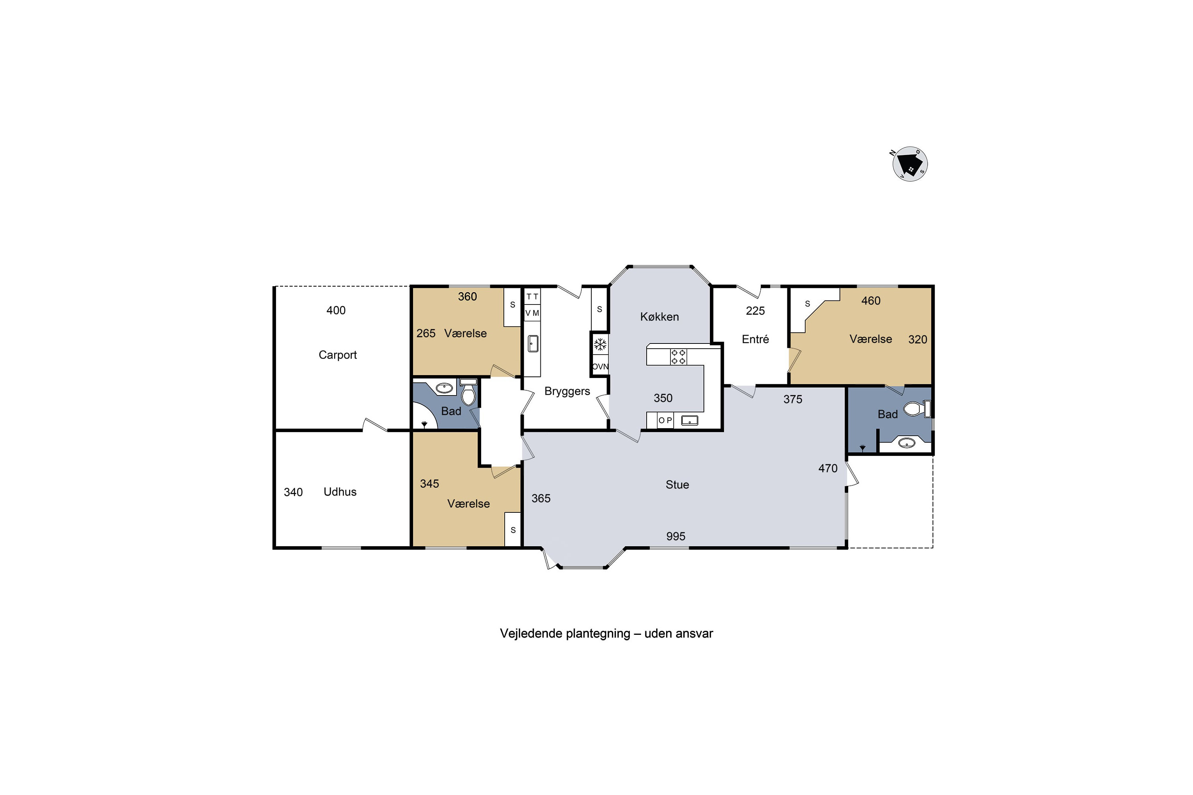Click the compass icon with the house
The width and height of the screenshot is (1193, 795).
click(910, 164)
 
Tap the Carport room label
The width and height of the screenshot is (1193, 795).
click(337, 355)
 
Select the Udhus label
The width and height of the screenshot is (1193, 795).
click(340, 492)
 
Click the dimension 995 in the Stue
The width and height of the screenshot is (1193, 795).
click(676, 536)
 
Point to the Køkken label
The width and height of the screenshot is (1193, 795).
click(659, 317)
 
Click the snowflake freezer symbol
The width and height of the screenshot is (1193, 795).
click(600, 345)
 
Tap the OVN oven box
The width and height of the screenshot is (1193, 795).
click(600, 366)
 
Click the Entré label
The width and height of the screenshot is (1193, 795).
click(755, 339)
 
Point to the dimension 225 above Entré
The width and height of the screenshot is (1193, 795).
click(755, 311)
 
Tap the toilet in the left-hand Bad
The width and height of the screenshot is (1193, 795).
click(468, 392)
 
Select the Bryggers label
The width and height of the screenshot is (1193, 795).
click(567, 392)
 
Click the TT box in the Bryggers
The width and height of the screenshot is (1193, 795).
click(532, 297)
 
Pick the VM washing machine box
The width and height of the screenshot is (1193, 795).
click(532, 313)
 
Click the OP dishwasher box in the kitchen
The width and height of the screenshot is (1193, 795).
click(665, 420)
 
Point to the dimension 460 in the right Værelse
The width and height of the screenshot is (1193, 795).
click(871, 301)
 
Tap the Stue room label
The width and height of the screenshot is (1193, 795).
click(677, 485)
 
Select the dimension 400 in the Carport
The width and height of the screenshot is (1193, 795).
click(336, 310)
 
